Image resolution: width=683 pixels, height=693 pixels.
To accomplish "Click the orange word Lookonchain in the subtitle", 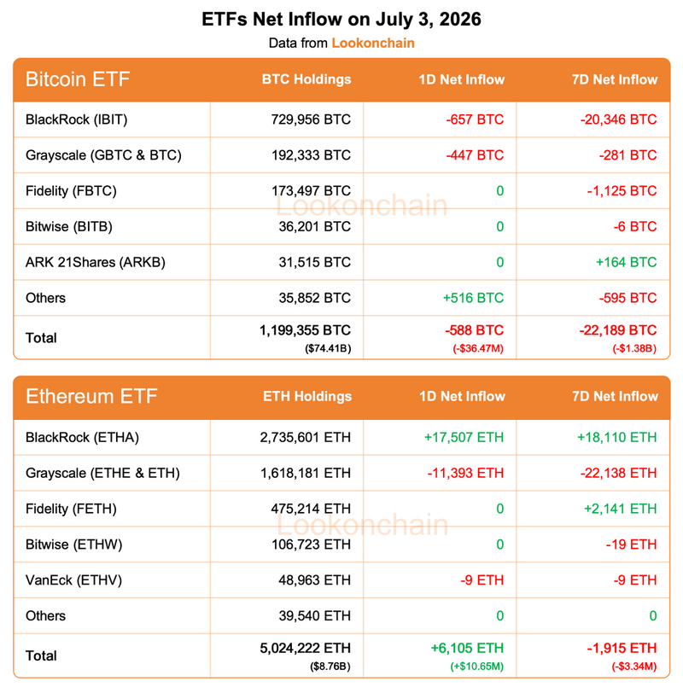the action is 373,43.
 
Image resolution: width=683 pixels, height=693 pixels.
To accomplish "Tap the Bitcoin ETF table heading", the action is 78,79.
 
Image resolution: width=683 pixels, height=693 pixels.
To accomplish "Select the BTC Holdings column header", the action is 306,79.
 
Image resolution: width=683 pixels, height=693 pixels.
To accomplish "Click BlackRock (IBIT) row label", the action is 77,119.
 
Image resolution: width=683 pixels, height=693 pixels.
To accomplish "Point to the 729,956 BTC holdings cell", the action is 311,119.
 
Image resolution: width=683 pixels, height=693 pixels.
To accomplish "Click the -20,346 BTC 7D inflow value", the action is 618,119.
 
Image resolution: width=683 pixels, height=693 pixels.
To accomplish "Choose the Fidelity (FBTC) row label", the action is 71,191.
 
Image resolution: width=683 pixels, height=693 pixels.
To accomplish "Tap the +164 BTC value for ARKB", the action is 626,262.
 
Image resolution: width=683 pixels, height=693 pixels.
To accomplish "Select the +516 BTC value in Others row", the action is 473,298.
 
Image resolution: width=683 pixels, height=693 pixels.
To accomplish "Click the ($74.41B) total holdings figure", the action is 328,349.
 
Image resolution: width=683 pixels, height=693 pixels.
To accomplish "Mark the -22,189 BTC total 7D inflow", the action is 618,330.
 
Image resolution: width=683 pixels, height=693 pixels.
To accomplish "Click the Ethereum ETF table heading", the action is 91,397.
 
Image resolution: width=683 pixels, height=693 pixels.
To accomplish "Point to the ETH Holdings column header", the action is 307,397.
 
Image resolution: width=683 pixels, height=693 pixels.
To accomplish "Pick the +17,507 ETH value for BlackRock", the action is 464,438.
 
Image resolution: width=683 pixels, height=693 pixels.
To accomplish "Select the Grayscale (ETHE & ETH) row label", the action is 102,474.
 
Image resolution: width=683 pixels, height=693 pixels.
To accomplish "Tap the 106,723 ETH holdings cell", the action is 311,544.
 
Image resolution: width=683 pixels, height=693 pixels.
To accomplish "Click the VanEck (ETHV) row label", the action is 73,580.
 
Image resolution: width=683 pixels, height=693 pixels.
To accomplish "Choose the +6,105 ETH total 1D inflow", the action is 467,649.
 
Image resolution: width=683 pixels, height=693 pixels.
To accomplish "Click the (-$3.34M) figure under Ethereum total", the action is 634,667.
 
